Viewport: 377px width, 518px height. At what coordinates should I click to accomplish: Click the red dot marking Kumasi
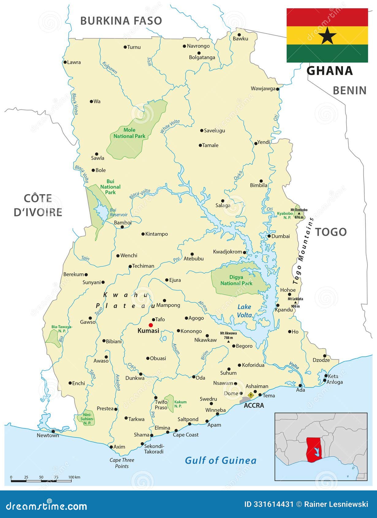150,325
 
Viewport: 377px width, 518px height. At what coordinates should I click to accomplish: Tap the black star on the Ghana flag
327,36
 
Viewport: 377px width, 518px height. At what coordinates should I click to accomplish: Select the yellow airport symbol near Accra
251,395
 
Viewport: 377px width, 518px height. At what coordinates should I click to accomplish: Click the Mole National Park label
129,133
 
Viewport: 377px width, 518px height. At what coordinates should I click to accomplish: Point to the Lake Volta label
244,311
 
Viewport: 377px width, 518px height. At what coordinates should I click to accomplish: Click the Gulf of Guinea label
220,460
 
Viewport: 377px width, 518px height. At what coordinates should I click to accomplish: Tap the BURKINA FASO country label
121,21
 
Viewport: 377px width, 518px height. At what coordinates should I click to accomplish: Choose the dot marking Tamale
200,145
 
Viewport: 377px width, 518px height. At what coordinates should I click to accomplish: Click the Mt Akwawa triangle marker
228,341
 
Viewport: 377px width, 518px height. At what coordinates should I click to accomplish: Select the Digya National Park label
236,280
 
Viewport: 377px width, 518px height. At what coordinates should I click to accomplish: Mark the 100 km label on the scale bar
74,477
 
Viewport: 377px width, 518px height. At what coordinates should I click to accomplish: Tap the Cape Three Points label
122,463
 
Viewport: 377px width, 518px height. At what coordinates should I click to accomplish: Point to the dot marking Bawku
239,35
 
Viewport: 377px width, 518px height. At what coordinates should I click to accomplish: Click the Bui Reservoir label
119,212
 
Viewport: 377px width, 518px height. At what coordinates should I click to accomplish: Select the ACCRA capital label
254,406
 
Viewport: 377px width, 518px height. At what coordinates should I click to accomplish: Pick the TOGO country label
331,232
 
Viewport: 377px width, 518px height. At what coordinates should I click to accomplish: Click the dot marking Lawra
65,62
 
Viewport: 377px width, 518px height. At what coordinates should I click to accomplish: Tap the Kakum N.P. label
180,404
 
